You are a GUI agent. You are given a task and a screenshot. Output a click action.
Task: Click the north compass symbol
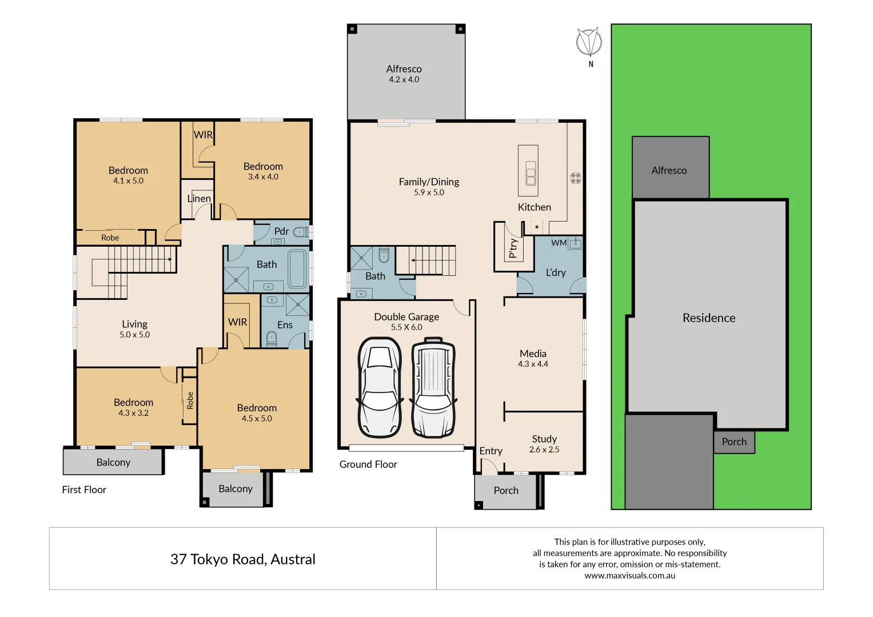click(x=589, y=42)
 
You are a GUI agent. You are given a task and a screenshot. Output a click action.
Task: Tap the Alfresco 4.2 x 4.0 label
click(x=404, y=74)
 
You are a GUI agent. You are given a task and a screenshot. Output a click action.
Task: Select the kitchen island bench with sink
click(x=528, y=171)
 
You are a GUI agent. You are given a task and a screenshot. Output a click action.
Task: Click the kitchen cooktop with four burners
click(x=576, y=178)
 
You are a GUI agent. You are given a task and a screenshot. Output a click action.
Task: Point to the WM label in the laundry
click(x=559, y=243)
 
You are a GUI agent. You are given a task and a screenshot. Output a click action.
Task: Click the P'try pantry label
click(x=513, y=248)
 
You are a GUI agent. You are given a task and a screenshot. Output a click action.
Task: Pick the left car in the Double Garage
click(x=379, y=387)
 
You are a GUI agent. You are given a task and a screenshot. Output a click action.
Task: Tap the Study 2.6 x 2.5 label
click(x=544, y=444)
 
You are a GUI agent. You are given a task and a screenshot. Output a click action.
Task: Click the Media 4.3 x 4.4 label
click(x=533, y=358)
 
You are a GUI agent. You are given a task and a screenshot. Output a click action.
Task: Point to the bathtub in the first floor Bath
click(x=297, y=268)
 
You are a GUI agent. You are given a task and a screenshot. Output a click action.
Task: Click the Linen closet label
click(x=199, y=198)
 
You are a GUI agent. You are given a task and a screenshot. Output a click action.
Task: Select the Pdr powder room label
click(x=281, y=231)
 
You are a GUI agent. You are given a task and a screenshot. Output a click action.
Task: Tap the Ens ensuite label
click(x=285, y=324)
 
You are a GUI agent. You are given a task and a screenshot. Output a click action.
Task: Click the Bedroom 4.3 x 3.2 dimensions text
click(x=133, y=413)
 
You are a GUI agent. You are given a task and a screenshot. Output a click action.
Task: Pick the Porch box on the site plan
click(x=734, y=442)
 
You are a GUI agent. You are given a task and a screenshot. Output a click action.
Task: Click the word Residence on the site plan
click(x=709, y=318)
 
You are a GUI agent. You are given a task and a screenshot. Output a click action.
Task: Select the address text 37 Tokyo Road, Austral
click(x=242, y=559)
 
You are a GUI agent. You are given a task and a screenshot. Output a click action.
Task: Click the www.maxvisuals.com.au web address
click(x=629, y=576)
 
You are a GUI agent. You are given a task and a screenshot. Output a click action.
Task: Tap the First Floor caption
click(x=84, y=490)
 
